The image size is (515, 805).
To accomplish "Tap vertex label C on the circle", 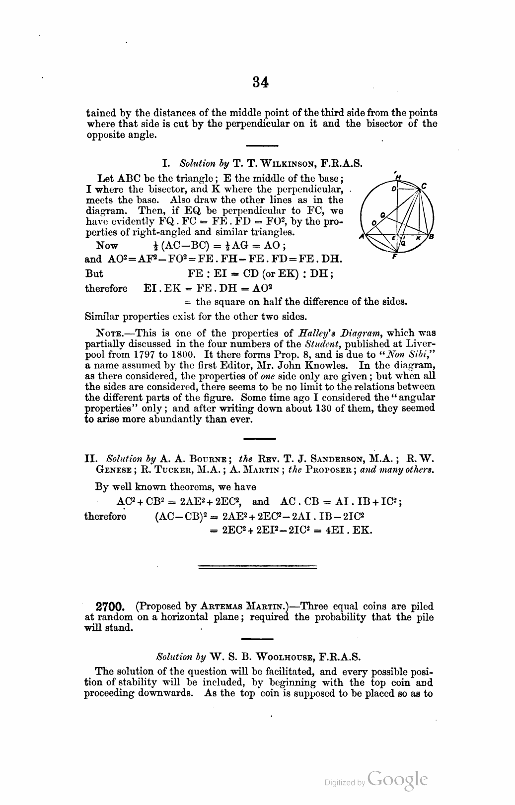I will click(x=424, y=186).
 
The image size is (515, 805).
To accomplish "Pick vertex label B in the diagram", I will click(x=431, y=237).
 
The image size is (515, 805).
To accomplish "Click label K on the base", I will click(x=418, y=239).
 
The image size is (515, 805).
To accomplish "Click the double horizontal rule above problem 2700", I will click(x=257, y=567).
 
